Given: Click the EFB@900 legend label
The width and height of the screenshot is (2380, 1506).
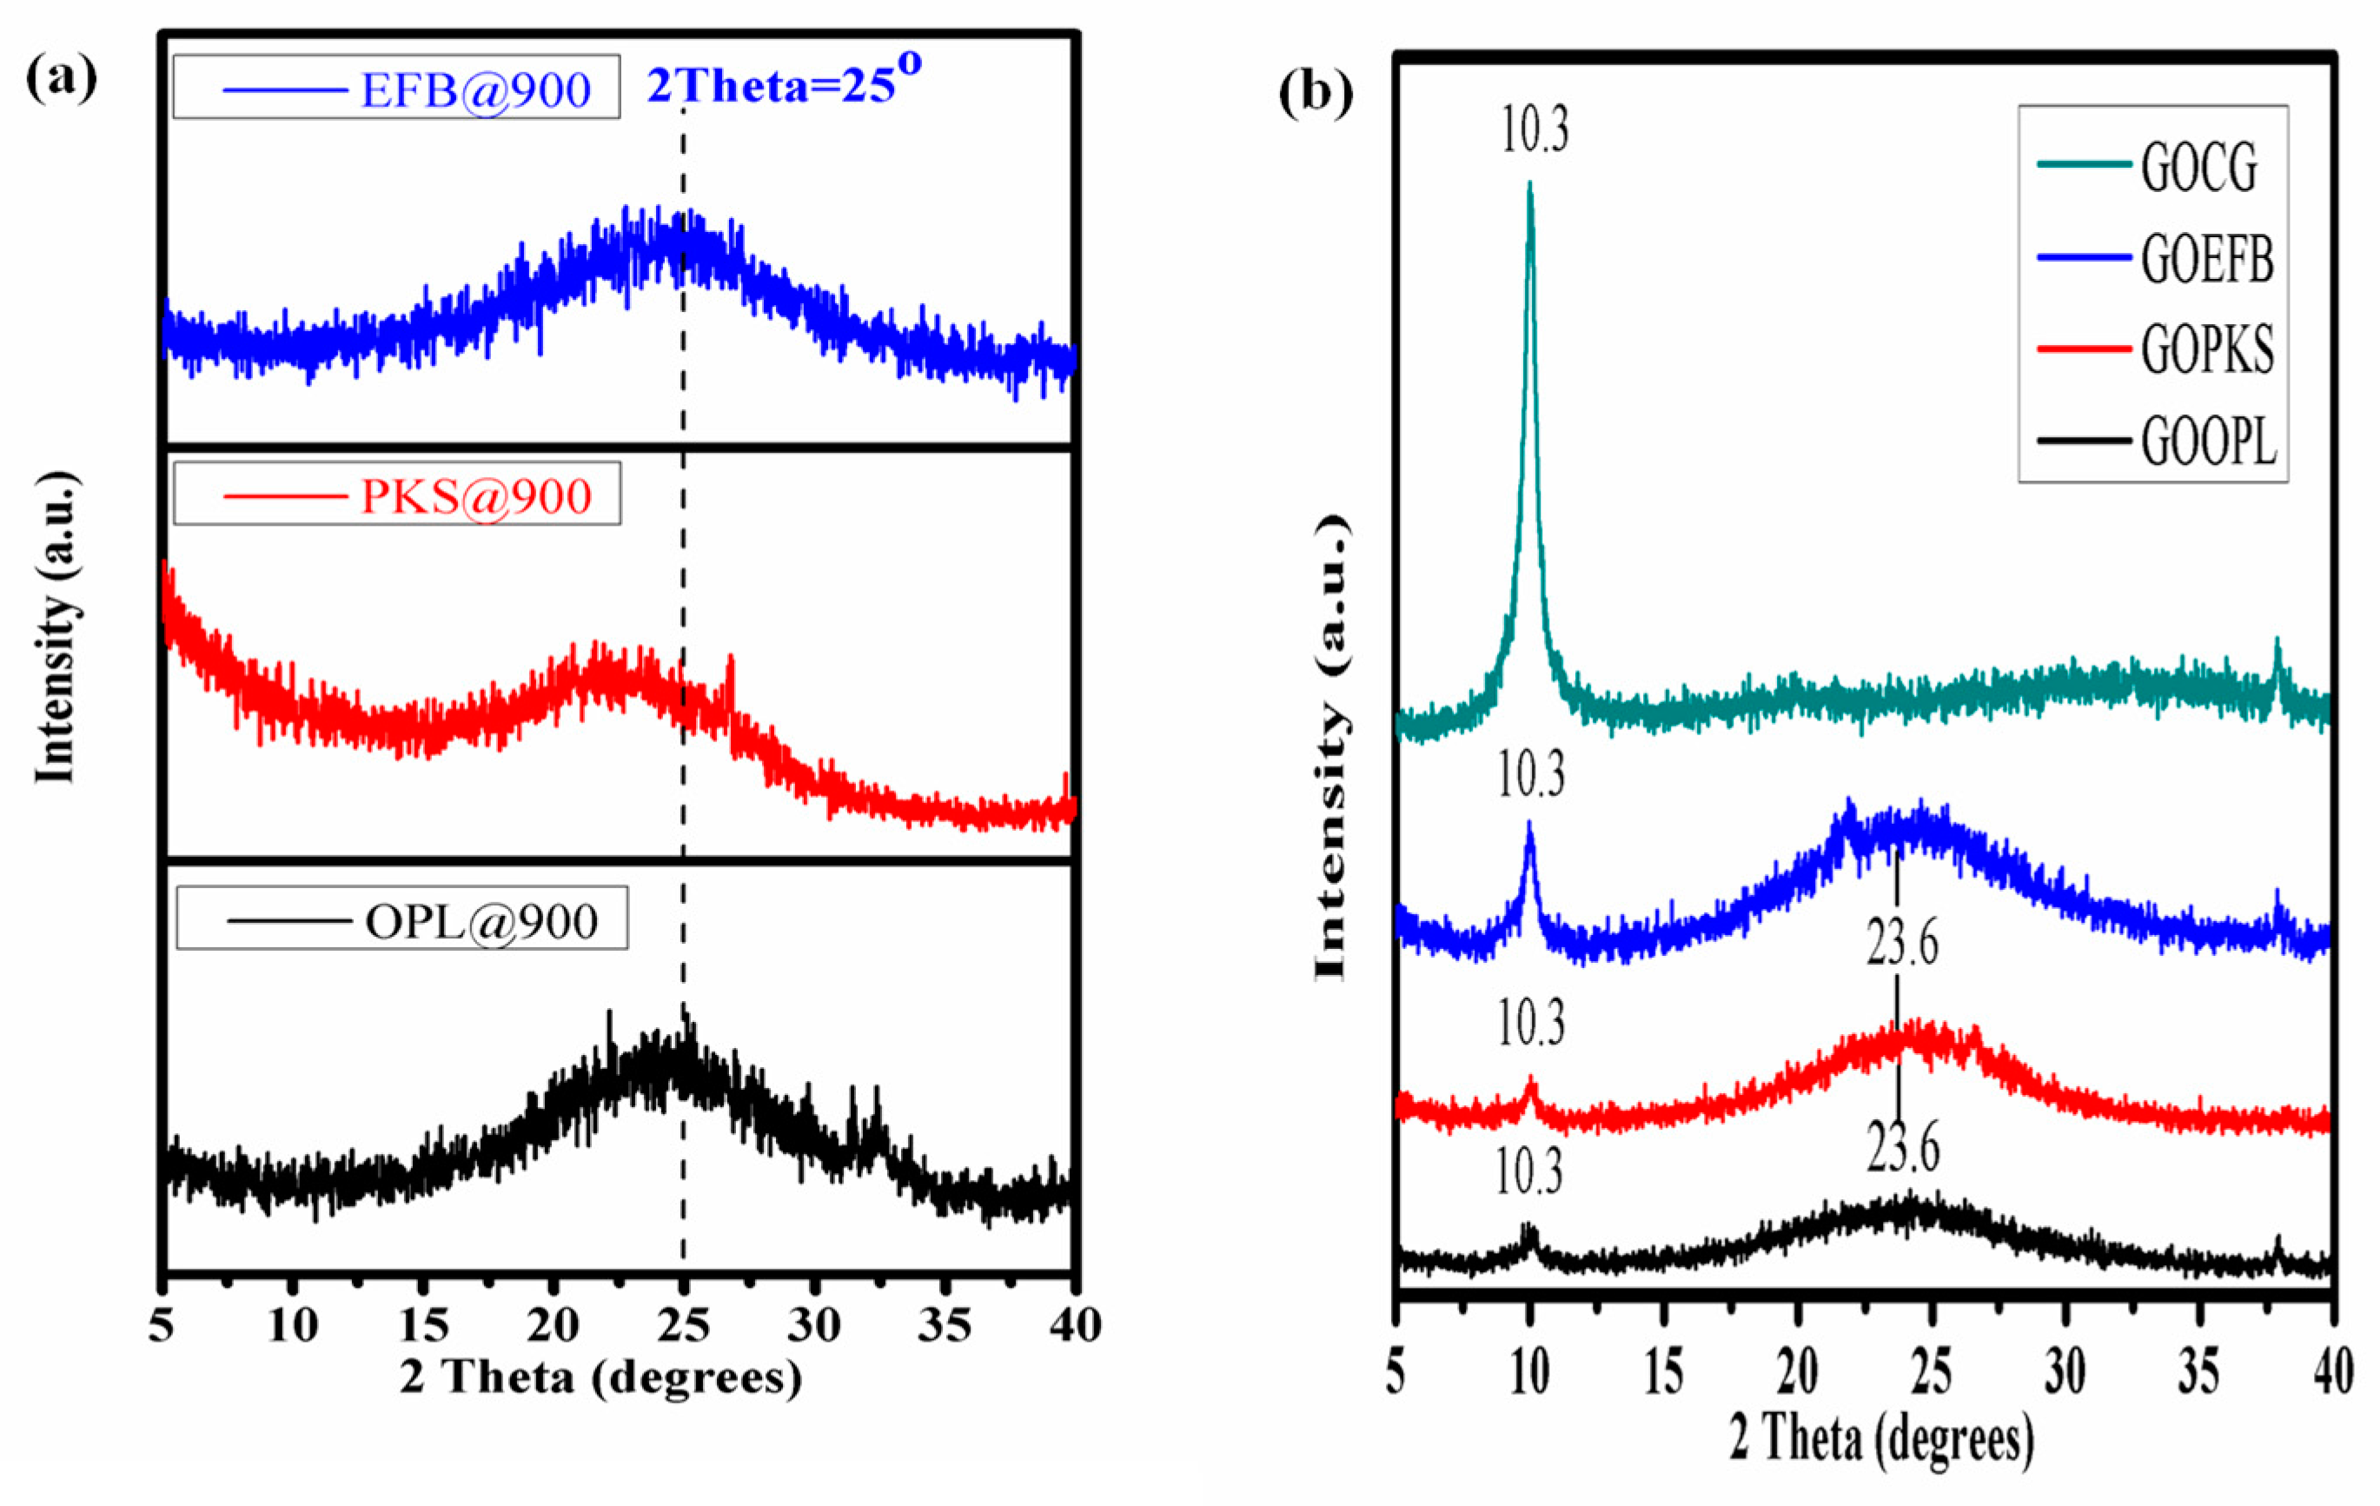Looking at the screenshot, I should pos(475,89).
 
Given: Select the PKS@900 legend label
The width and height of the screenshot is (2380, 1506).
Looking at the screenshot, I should pos(475,495).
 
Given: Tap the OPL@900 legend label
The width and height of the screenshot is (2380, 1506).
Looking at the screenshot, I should pos(481,921).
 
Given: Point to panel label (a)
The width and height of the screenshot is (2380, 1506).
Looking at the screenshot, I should pos(62,79).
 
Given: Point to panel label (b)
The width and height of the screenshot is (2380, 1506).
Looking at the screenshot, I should pos(1315,94).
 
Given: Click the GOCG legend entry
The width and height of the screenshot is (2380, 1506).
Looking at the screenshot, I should pos(2198,168).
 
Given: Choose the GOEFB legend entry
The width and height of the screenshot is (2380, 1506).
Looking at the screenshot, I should pos(2206,260).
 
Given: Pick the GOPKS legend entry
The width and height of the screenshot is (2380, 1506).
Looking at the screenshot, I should pos(2206,350).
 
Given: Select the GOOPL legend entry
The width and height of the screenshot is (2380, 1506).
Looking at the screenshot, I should pos(2208,441).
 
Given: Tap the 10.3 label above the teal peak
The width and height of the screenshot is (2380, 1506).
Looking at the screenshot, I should pos(1534,130).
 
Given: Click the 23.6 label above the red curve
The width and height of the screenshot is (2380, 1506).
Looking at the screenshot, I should pos(1901,943).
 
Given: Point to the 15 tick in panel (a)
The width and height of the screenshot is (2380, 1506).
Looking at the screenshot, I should pos(424,1325).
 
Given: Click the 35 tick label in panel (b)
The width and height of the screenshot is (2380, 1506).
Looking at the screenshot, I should pos(2198,1371).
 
